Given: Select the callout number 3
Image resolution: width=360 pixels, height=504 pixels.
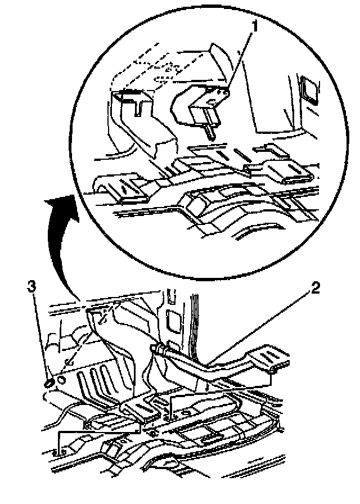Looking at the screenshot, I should tap(33, 287).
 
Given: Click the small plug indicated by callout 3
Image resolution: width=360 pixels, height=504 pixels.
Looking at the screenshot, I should tap(49, 382).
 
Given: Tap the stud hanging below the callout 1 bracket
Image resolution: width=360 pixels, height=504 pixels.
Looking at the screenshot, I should tap(209, 130).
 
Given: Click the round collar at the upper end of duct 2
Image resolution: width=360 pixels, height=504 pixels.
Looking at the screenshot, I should tap(158, 350).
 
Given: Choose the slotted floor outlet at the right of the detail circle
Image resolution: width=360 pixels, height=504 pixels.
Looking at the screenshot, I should tap(284, 169).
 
